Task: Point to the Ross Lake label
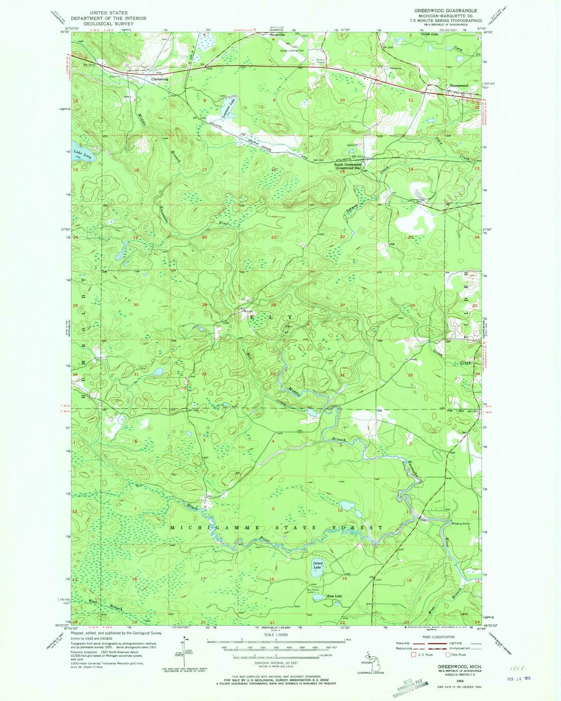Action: click(x=334, y=596)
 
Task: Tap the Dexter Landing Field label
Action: click(x=292, y=50)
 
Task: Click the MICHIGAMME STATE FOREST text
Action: click(x=276, y=528)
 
